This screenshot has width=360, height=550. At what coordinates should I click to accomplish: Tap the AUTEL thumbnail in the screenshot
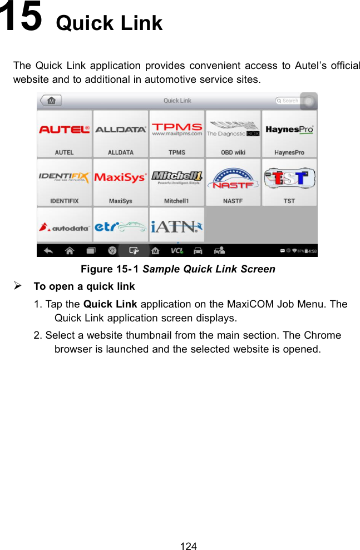(x=65, y=134)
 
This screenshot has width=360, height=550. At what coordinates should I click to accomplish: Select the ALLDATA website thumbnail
(x=121, y=134)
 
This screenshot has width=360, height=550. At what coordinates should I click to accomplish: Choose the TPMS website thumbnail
(x=177, y=134)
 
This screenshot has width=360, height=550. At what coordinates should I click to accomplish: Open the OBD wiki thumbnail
(x=233, y=134)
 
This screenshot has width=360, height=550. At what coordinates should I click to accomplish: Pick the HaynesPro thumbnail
(x=289, y=134)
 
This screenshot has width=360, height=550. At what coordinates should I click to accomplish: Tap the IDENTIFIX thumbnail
(x=65, y=182)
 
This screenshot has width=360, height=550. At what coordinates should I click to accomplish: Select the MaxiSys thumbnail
(x=121, y=182)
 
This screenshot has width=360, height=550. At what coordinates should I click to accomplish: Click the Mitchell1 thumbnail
(x=177, y=182)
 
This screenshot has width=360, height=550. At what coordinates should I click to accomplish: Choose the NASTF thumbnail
(x=233, y=182)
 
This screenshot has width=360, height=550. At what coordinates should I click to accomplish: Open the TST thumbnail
(x=289, y=182)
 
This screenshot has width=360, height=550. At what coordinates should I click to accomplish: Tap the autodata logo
(x=65, y=226)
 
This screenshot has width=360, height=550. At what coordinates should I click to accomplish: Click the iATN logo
(x=177, y=226)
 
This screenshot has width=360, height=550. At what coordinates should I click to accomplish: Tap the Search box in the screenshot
(x=290, y=101)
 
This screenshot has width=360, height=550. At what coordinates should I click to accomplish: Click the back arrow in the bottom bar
(x=48, y=251)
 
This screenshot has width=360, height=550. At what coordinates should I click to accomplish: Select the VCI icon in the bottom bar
(x=177, y=251)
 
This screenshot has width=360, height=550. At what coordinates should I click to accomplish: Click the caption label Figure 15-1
(x=110, y=269)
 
